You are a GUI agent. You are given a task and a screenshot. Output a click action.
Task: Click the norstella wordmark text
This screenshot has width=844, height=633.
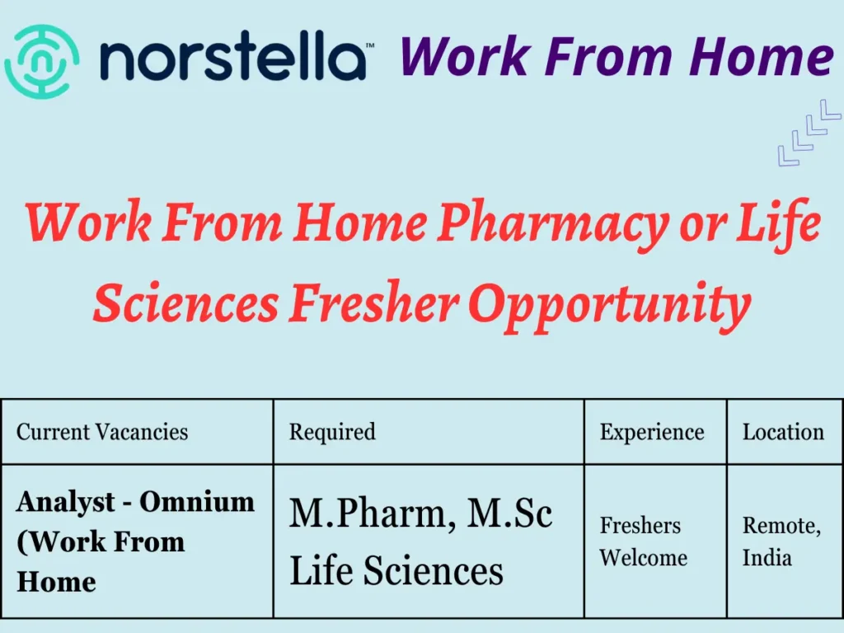[x=232, y=59]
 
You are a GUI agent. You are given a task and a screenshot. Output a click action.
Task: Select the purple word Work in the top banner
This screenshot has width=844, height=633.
[x=448, y=58]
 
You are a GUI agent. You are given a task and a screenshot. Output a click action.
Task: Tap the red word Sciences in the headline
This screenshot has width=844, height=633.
[x=185, y=304]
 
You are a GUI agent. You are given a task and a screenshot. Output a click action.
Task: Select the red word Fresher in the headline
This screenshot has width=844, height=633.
[x=373, y=304]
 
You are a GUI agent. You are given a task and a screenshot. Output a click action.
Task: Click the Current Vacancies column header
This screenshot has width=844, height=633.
[x=102, y=432]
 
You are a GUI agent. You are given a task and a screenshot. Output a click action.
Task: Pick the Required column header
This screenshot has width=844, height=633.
[x=332, y=432]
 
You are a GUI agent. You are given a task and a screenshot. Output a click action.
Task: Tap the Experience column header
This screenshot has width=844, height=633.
[x=652, y=432]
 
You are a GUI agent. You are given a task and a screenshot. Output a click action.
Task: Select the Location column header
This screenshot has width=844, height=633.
[x=783, y=432]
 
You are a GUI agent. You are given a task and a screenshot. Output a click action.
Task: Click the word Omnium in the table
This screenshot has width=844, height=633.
[x=197, y=501]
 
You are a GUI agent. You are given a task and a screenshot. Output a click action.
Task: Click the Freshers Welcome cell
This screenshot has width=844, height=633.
[x=643, y=542]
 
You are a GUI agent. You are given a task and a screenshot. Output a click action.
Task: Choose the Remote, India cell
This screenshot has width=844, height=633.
[x=781, y=542]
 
